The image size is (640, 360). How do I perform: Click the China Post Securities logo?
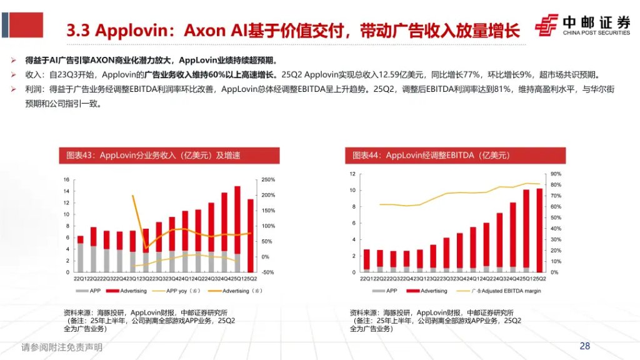582,26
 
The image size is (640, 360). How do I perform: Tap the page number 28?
585,346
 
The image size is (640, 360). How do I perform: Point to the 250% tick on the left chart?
267,180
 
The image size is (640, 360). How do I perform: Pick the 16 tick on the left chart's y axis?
66,180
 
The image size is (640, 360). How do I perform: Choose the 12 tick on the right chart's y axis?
352,174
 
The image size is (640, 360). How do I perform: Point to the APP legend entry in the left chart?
92,291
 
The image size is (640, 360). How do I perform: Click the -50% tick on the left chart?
267,272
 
